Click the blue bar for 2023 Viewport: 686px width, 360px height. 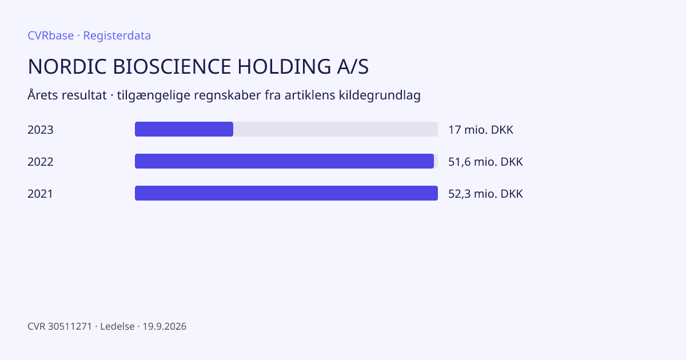184,129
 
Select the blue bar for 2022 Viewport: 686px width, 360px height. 285,161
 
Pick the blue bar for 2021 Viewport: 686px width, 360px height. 286,193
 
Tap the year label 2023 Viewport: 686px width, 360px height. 41,130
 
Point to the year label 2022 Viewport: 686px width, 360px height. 41,162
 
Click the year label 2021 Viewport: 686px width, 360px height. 40,194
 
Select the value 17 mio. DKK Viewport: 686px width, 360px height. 481,130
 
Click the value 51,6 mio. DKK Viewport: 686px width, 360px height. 486,162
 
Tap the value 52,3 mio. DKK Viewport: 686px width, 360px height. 486,194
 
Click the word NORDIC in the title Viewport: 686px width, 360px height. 67,66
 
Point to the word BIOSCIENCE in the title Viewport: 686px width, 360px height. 172,66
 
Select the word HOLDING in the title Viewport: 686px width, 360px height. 284,66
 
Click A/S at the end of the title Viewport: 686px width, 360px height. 353,66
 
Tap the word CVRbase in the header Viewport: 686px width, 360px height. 50,35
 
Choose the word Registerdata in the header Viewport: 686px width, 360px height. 117,36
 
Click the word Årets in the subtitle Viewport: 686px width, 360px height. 43,95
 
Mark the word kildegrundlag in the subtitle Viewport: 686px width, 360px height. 380,95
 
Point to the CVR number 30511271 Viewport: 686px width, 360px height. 70,326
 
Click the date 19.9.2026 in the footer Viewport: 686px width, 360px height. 165,326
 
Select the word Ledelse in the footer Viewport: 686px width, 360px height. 117,326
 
